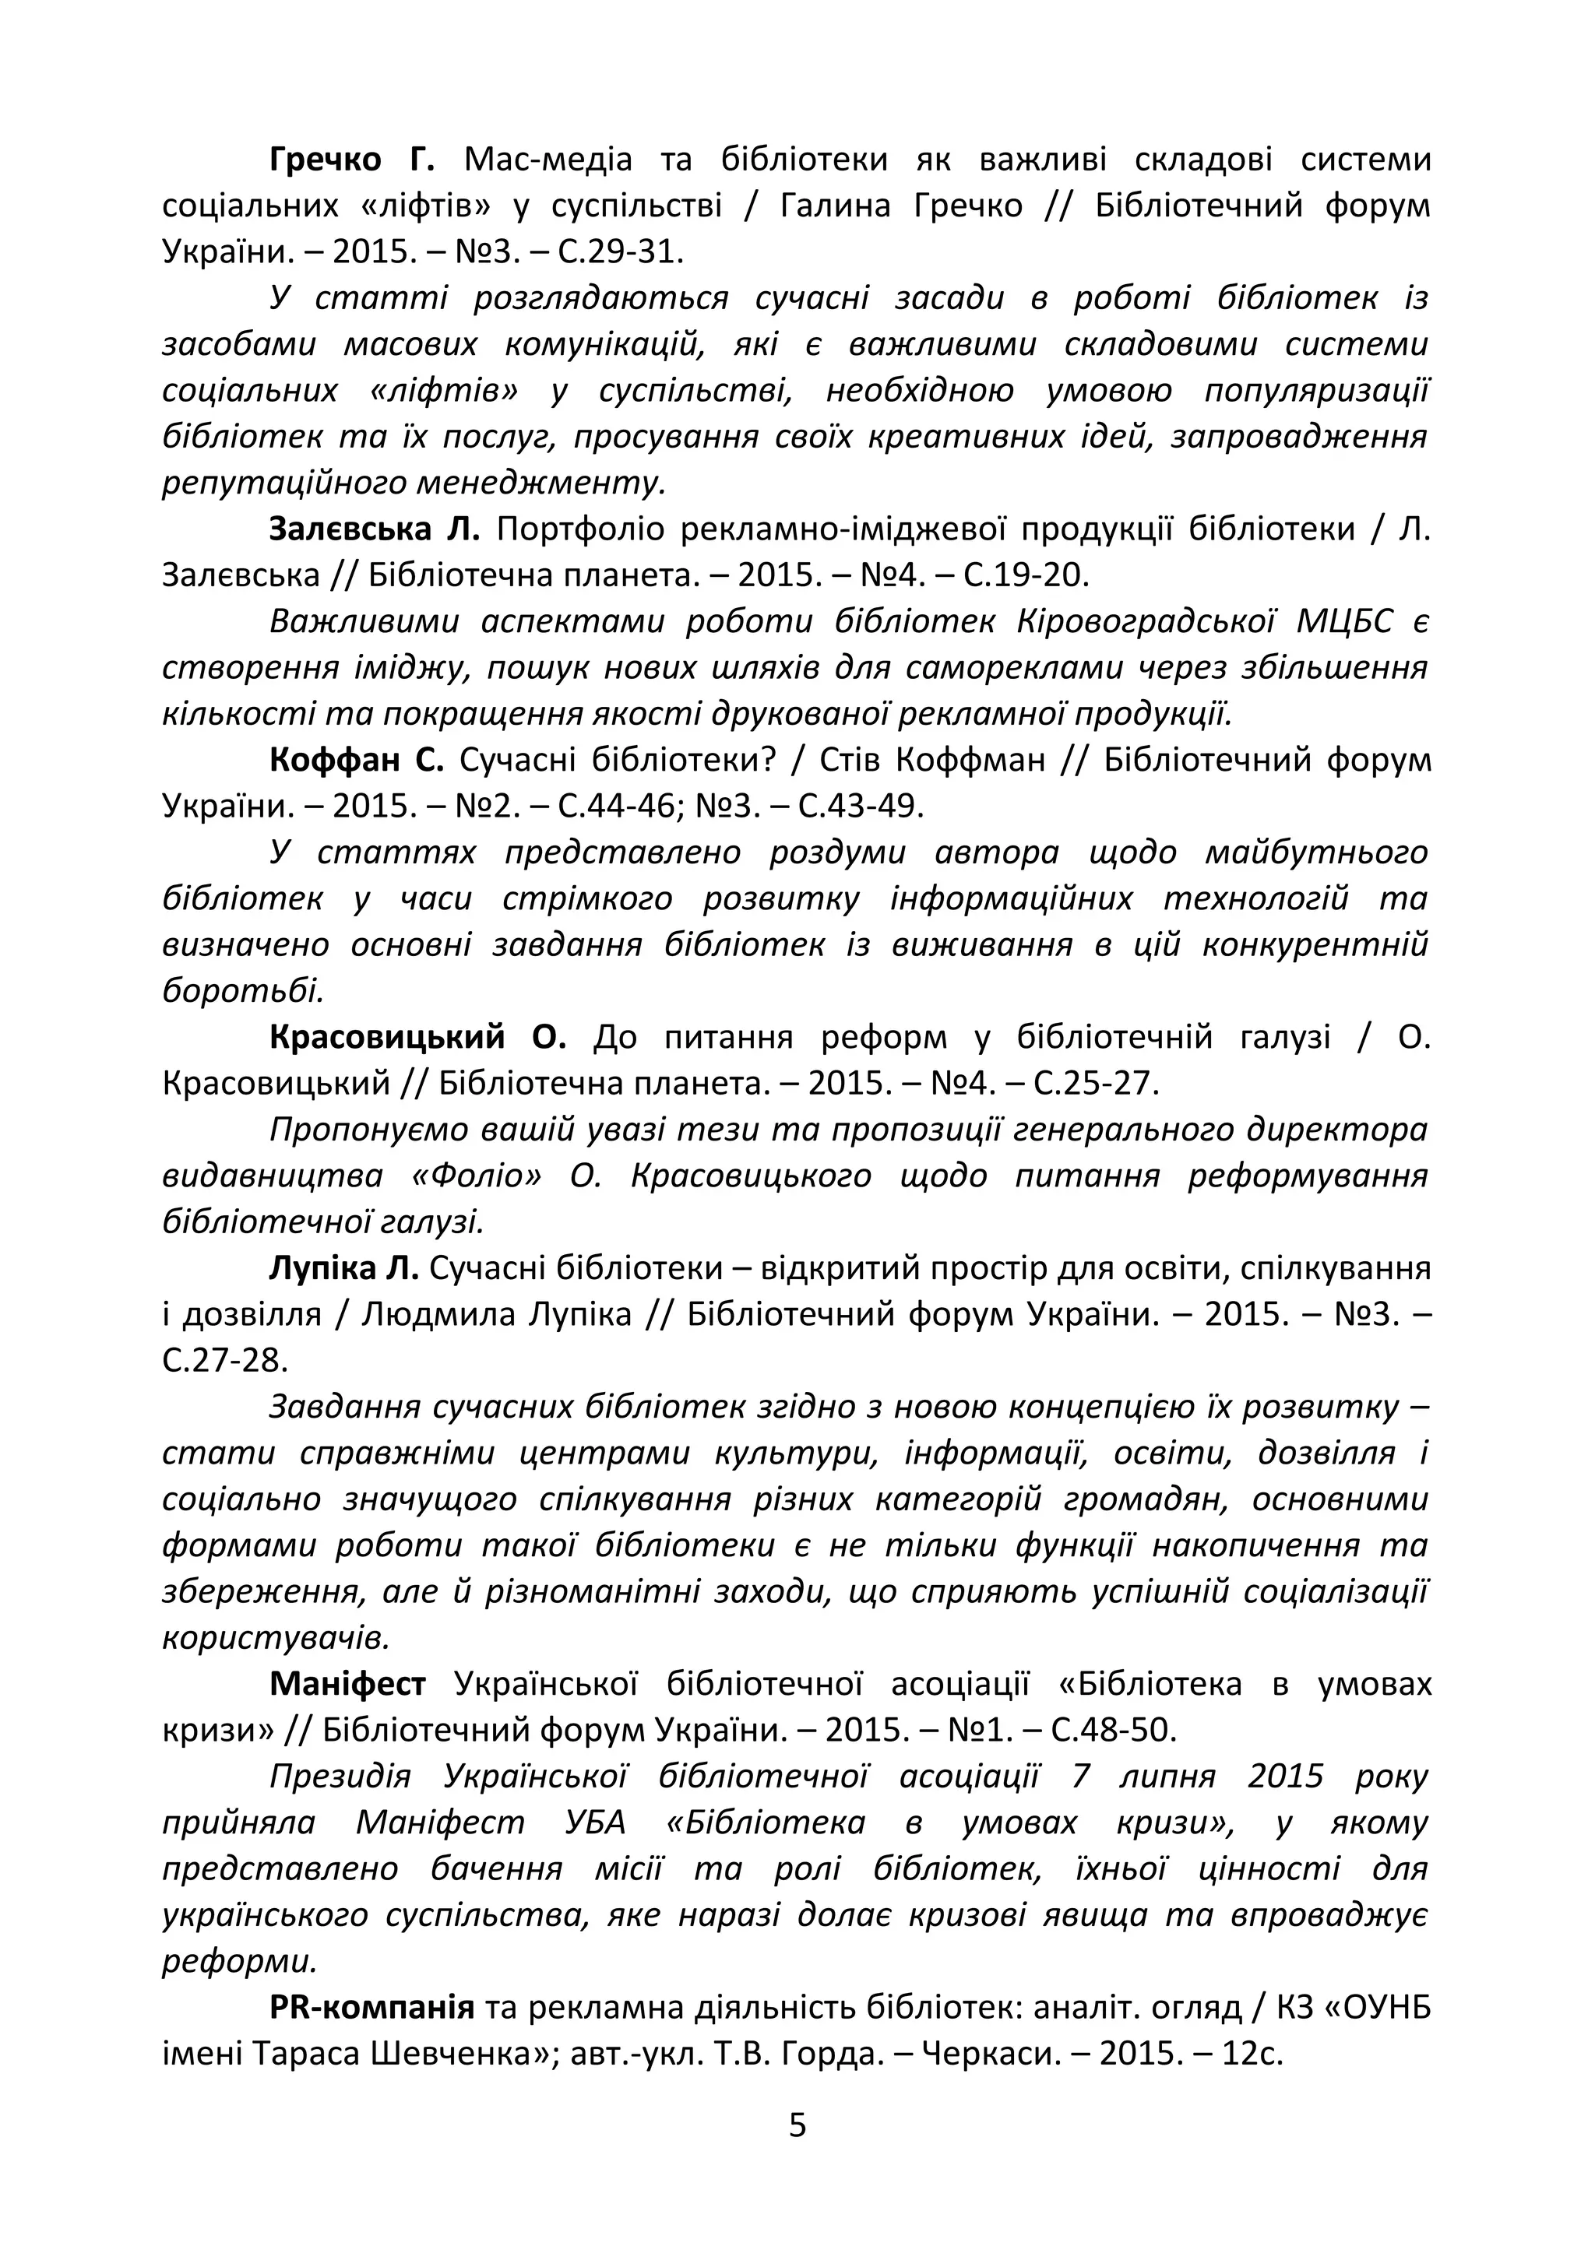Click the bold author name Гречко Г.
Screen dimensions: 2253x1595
(351, 160)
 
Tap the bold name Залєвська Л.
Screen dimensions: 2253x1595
(374, 529)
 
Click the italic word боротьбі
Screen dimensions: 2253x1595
(241, 990)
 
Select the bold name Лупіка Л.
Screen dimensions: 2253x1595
(343, 1268)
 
